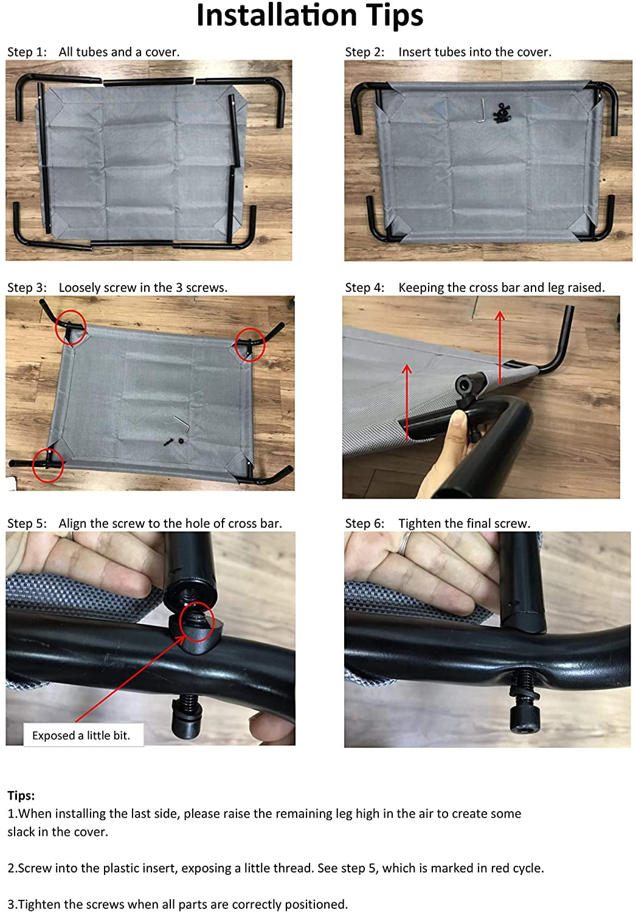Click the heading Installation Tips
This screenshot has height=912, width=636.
pyautogui.click(x=309, y=15)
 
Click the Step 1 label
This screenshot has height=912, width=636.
pyautogui.click(x=27, y=52)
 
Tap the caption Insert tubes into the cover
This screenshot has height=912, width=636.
pyautogui.click(x=475, y=52)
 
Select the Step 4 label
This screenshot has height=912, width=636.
pyautogui.click(x=365, y=288)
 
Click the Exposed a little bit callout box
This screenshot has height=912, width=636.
pyautogui.click(x=83, y=735)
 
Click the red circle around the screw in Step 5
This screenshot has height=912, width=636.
pyautogui.click(x=197, y=622)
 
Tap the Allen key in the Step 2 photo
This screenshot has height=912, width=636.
pyautogui.click(x=482, y=110)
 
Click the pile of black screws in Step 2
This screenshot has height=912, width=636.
pyautogui.click(x=502, y=113)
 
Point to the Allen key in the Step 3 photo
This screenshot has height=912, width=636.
pyautogui.click(x=182, y=424)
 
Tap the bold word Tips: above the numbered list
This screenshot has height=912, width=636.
pyautogui.click(x=21, y=795)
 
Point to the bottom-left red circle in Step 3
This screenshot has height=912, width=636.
pyautogui.click(x=48, y=465)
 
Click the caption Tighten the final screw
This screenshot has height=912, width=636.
pyautogui.click(x=464, y=523)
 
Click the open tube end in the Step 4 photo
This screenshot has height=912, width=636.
pyautogui.click(x=464, y=384)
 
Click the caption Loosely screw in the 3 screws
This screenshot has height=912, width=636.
pyautogui.click(x=143, y=288)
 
